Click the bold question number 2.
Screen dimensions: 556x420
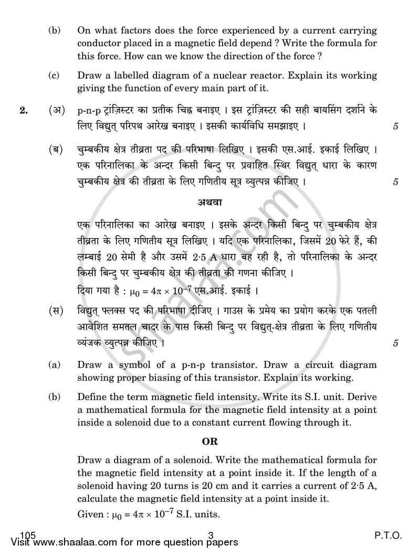23,111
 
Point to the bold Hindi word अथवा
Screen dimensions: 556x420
212,202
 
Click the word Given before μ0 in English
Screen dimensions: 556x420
90,515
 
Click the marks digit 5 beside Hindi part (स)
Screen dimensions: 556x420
395,344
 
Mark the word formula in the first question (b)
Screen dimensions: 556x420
348,42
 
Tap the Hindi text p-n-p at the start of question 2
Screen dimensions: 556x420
87,111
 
